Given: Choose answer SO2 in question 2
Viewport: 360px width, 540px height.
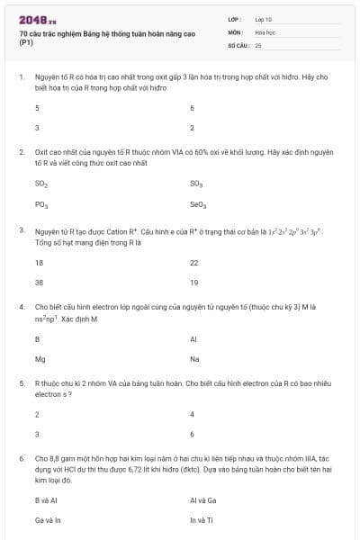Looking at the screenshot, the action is tap(41, 184).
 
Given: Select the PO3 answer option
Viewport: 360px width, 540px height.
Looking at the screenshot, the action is tap(41, 204).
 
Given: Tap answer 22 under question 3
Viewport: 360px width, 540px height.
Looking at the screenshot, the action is tap(194, 263).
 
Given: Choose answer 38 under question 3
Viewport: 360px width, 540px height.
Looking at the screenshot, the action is tap(39, 283).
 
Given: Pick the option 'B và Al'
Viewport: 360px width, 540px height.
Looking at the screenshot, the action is tap(47, 499).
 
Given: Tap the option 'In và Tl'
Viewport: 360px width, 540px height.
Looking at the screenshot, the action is tap(202, 519).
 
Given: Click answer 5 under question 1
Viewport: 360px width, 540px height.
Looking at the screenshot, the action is tap(37, 108).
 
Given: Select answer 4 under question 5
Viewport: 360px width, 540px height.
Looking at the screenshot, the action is tap(193, 414).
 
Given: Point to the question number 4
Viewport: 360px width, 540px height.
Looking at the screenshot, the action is tap(22, 307).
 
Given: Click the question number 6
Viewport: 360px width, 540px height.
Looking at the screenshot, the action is tap(22, 458).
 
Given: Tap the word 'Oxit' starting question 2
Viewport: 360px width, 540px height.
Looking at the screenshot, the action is tap(42, 153).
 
